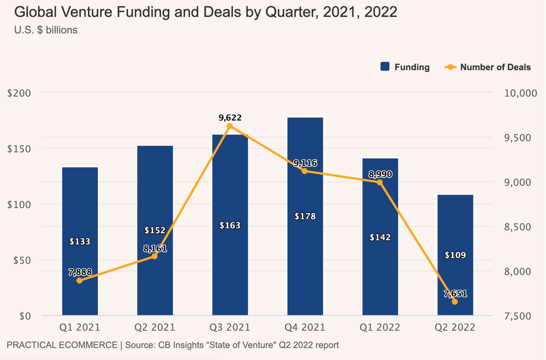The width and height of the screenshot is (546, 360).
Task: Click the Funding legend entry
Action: (x=405, y=67)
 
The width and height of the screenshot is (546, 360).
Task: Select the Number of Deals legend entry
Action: (x=488, y=67)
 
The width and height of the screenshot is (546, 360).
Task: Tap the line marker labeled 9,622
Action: (x=230, y=126)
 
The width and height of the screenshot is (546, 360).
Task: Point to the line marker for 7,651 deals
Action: (x=455, y=302)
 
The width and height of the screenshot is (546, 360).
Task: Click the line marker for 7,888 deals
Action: (x=80, y=281)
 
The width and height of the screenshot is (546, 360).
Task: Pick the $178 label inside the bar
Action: (x=305, y=216)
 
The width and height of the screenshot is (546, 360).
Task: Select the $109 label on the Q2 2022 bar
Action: (x=455, y=255)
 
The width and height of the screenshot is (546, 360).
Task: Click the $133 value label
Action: (x=80, y=242)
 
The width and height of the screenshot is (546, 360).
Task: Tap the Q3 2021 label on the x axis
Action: (x=230, y=327)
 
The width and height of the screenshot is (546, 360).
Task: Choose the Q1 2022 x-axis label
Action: (x=380, y=327)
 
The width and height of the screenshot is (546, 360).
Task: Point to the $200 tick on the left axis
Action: (x=19, y=93)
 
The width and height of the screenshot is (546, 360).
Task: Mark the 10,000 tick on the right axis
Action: (x=521, y=93)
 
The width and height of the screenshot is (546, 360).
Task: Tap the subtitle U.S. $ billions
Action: (x=46, y=30)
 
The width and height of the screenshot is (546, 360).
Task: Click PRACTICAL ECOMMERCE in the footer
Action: (x=62, y=345)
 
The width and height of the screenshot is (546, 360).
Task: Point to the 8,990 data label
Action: (x=380, y=175)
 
